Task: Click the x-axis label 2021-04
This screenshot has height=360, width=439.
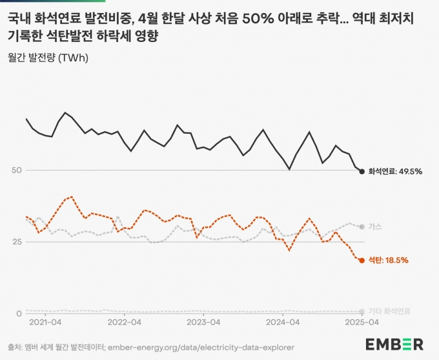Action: [46, 321]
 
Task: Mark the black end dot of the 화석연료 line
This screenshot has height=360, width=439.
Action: [362, 171]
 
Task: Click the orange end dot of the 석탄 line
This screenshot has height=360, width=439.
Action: [362, 260]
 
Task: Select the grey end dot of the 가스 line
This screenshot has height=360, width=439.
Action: [362, 227]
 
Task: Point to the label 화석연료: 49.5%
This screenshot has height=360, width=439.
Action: [395, 171]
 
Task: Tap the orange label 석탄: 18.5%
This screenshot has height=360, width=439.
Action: [388, 260]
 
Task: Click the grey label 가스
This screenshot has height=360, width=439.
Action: [375, 227]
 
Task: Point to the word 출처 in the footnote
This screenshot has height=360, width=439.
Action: [14, 346]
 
